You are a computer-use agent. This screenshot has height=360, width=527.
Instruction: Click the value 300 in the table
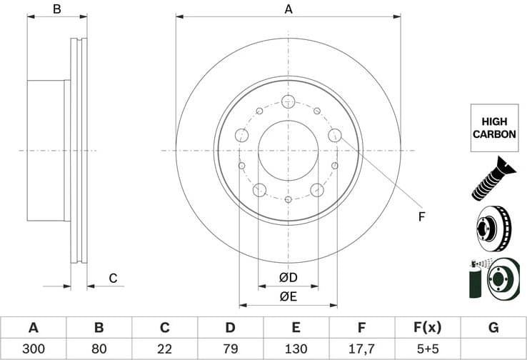(33, 349)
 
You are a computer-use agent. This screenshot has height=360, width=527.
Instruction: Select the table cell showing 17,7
(362, 349)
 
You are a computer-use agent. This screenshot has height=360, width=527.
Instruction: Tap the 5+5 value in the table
(428, 349)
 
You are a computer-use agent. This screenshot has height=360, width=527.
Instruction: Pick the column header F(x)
(428, 328)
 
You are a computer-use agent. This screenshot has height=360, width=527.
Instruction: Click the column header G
(493, 328)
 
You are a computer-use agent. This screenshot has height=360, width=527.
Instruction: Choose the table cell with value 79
(231, 349)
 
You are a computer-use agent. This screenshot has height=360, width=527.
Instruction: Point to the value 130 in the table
(296, 349)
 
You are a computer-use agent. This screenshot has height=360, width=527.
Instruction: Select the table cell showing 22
(164, 349)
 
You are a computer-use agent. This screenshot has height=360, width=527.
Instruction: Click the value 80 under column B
(99, 349)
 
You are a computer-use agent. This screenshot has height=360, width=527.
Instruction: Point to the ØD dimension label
(288, 276)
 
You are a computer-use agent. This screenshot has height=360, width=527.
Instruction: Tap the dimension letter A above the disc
(288, 9)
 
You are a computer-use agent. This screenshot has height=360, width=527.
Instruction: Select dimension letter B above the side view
(57, 9)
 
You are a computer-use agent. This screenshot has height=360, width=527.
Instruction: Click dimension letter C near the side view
(112, 278)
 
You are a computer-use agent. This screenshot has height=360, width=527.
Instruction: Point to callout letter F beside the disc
(421, 216)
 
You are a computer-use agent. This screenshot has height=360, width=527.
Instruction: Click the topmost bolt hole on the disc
(288, 101)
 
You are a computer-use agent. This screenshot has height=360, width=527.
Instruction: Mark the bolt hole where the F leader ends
(335, 135)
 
